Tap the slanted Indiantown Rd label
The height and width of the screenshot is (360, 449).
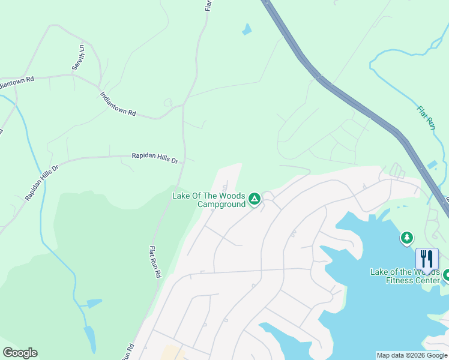pos(118,104)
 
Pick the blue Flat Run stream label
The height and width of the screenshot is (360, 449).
pos(425,118)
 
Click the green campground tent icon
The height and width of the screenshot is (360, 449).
pos(255,199)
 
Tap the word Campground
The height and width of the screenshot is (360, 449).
pos(221,204)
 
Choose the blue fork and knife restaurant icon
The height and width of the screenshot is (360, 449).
pos(427,259)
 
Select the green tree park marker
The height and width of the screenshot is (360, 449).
pos(407,238)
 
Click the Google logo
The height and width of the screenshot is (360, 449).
pos(20,353)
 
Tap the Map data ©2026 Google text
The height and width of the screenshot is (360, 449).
pos(411,355)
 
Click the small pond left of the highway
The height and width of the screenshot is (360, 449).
pos(246,28)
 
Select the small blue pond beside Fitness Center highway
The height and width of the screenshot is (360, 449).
pos(432,164)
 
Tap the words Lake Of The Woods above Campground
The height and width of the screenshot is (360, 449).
pos(208,196)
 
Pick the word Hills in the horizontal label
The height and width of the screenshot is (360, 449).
pos(159,158)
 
